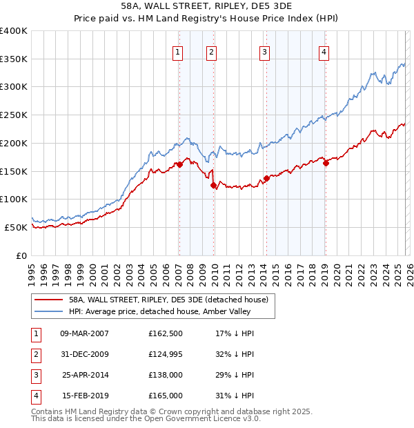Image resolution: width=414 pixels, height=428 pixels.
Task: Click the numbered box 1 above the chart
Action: pos(178,51)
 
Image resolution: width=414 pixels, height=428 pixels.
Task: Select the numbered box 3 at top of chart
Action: pos(264,51)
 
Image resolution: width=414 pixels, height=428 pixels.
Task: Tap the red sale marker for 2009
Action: pos(213,185)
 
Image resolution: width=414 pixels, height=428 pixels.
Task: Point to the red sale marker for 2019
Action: pos(325,163)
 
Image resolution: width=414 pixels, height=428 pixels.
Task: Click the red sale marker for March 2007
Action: pos(179,164)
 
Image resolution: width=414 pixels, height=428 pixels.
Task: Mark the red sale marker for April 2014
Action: pos(266,178)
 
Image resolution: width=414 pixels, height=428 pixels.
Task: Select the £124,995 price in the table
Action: pos(166,354)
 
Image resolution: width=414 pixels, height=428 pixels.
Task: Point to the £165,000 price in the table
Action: pos(166,396)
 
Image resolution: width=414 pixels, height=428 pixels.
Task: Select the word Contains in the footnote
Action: pos(48,411)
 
